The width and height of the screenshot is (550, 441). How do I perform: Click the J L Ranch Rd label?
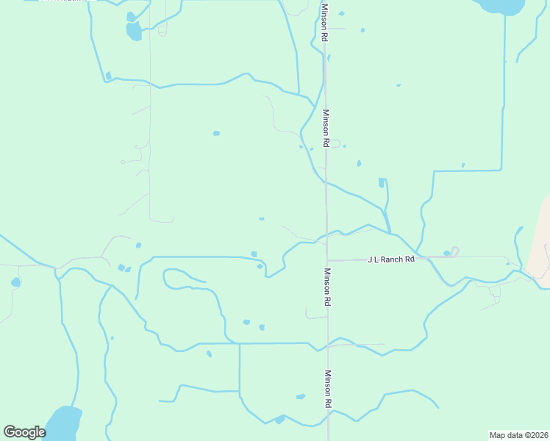[x=391, y=259]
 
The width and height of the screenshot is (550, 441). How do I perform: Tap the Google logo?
[x=24, y=432]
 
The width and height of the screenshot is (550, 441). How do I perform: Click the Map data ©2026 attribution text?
[x=518, y=434]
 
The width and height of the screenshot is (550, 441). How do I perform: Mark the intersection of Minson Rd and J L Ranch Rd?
[x=327, y=260]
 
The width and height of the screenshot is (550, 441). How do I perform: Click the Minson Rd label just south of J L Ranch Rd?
[x=327, y=287]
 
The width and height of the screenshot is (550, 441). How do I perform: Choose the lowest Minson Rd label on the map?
[x=328, y=389]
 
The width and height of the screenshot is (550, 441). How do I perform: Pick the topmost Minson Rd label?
[x=324, y=21]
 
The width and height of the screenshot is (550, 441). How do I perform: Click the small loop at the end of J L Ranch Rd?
[x=454, y=251]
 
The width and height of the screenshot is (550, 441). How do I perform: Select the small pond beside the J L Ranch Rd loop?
[x=446, y=254]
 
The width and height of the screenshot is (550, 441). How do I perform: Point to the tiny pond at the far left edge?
[x=15, y=282]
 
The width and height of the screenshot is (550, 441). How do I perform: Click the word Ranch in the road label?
[x=393, y=259]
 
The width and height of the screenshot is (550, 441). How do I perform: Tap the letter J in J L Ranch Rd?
[x=370, y=259]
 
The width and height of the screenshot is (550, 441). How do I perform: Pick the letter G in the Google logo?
[x=10, y=431]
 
